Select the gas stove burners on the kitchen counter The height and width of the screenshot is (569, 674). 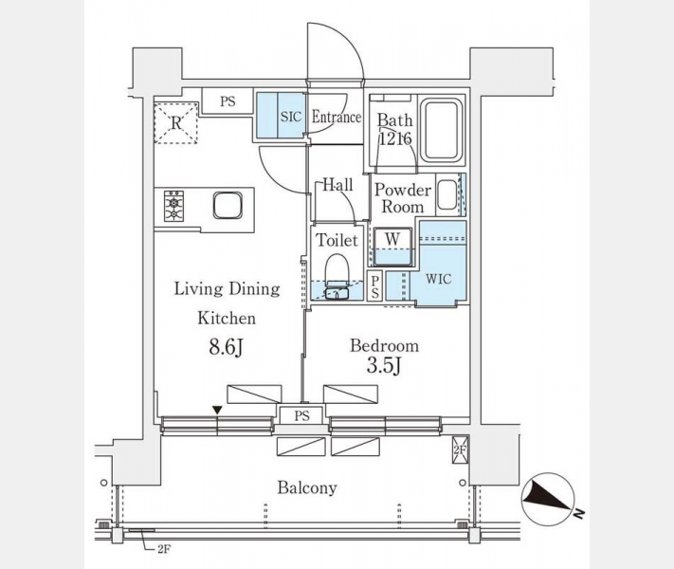(173, 206)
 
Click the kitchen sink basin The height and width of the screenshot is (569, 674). (228, 205)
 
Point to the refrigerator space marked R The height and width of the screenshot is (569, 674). (176, 123)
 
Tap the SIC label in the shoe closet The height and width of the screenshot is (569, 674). (291, 117)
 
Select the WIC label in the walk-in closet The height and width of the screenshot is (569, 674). (439, 279)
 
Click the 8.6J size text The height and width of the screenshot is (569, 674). (227, 347)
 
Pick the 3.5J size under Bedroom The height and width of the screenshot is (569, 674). (384, 366)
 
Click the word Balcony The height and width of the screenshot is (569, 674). (307, 488)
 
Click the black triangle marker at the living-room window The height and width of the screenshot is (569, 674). (217, 411)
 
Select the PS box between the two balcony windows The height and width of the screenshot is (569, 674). (301, 416)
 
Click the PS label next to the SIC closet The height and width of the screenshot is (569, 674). (228, 101)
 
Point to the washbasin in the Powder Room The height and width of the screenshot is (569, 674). (447, 194)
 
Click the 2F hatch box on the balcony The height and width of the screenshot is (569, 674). (460, 450)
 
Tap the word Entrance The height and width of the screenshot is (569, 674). (337, 117)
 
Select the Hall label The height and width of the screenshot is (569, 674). (337, 185)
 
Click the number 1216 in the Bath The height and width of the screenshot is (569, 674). (395, 138)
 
